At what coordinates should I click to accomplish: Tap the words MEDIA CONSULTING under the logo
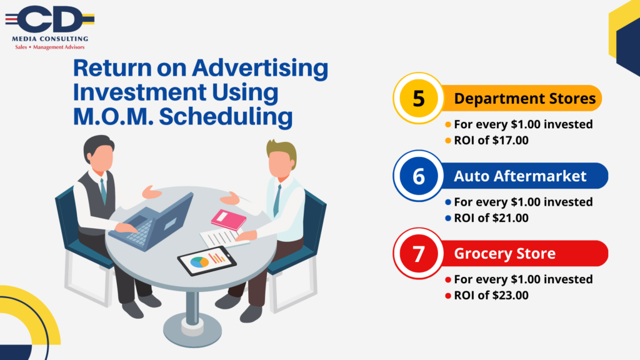[50, 39]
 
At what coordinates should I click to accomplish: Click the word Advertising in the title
[260, 67]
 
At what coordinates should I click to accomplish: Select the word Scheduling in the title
[225, 116]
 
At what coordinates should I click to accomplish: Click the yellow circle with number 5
[418, 98]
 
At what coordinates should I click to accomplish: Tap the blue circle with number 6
[418, 176]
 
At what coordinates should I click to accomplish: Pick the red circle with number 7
[418, 254]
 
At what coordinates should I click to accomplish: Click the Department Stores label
[524, 98]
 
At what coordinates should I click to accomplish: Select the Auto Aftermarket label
[520, 176]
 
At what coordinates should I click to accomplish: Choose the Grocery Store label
[504, 254]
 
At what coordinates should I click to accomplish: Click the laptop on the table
[153, 223]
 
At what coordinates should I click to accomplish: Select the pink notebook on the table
[229, 219]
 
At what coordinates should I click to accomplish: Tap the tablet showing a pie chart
[207, 261]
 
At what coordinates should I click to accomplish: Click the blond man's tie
[277, 200]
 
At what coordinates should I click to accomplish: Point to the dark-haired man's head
[99, 154]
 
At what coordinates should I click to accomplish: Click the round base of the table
[192, 330]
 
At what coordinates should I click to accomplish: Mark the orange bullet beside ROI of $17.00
[447, 141]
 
